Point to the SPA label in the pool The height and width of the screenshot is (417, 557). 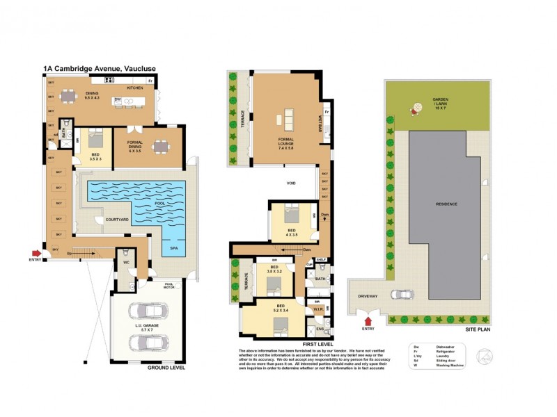point(173,247)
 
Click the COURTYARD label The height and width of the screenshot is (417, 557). point(116,220)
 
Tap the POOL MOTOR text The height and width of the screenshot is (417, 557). point(168,285)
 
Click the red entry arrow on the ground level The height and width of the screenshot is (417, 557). point(36,254)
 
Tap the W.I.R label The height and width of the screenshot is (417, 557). point(317,309)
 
